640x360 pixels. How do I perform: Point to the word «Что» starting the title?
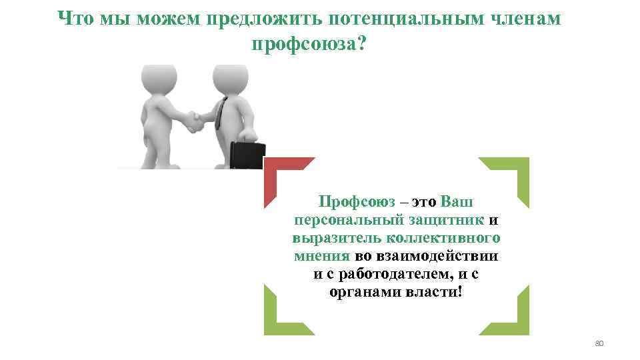coord(77,19)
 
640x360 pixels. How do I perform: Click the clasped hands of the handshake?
coord(194,121)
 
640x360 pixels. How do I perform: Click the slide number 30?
coord(598,344)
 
